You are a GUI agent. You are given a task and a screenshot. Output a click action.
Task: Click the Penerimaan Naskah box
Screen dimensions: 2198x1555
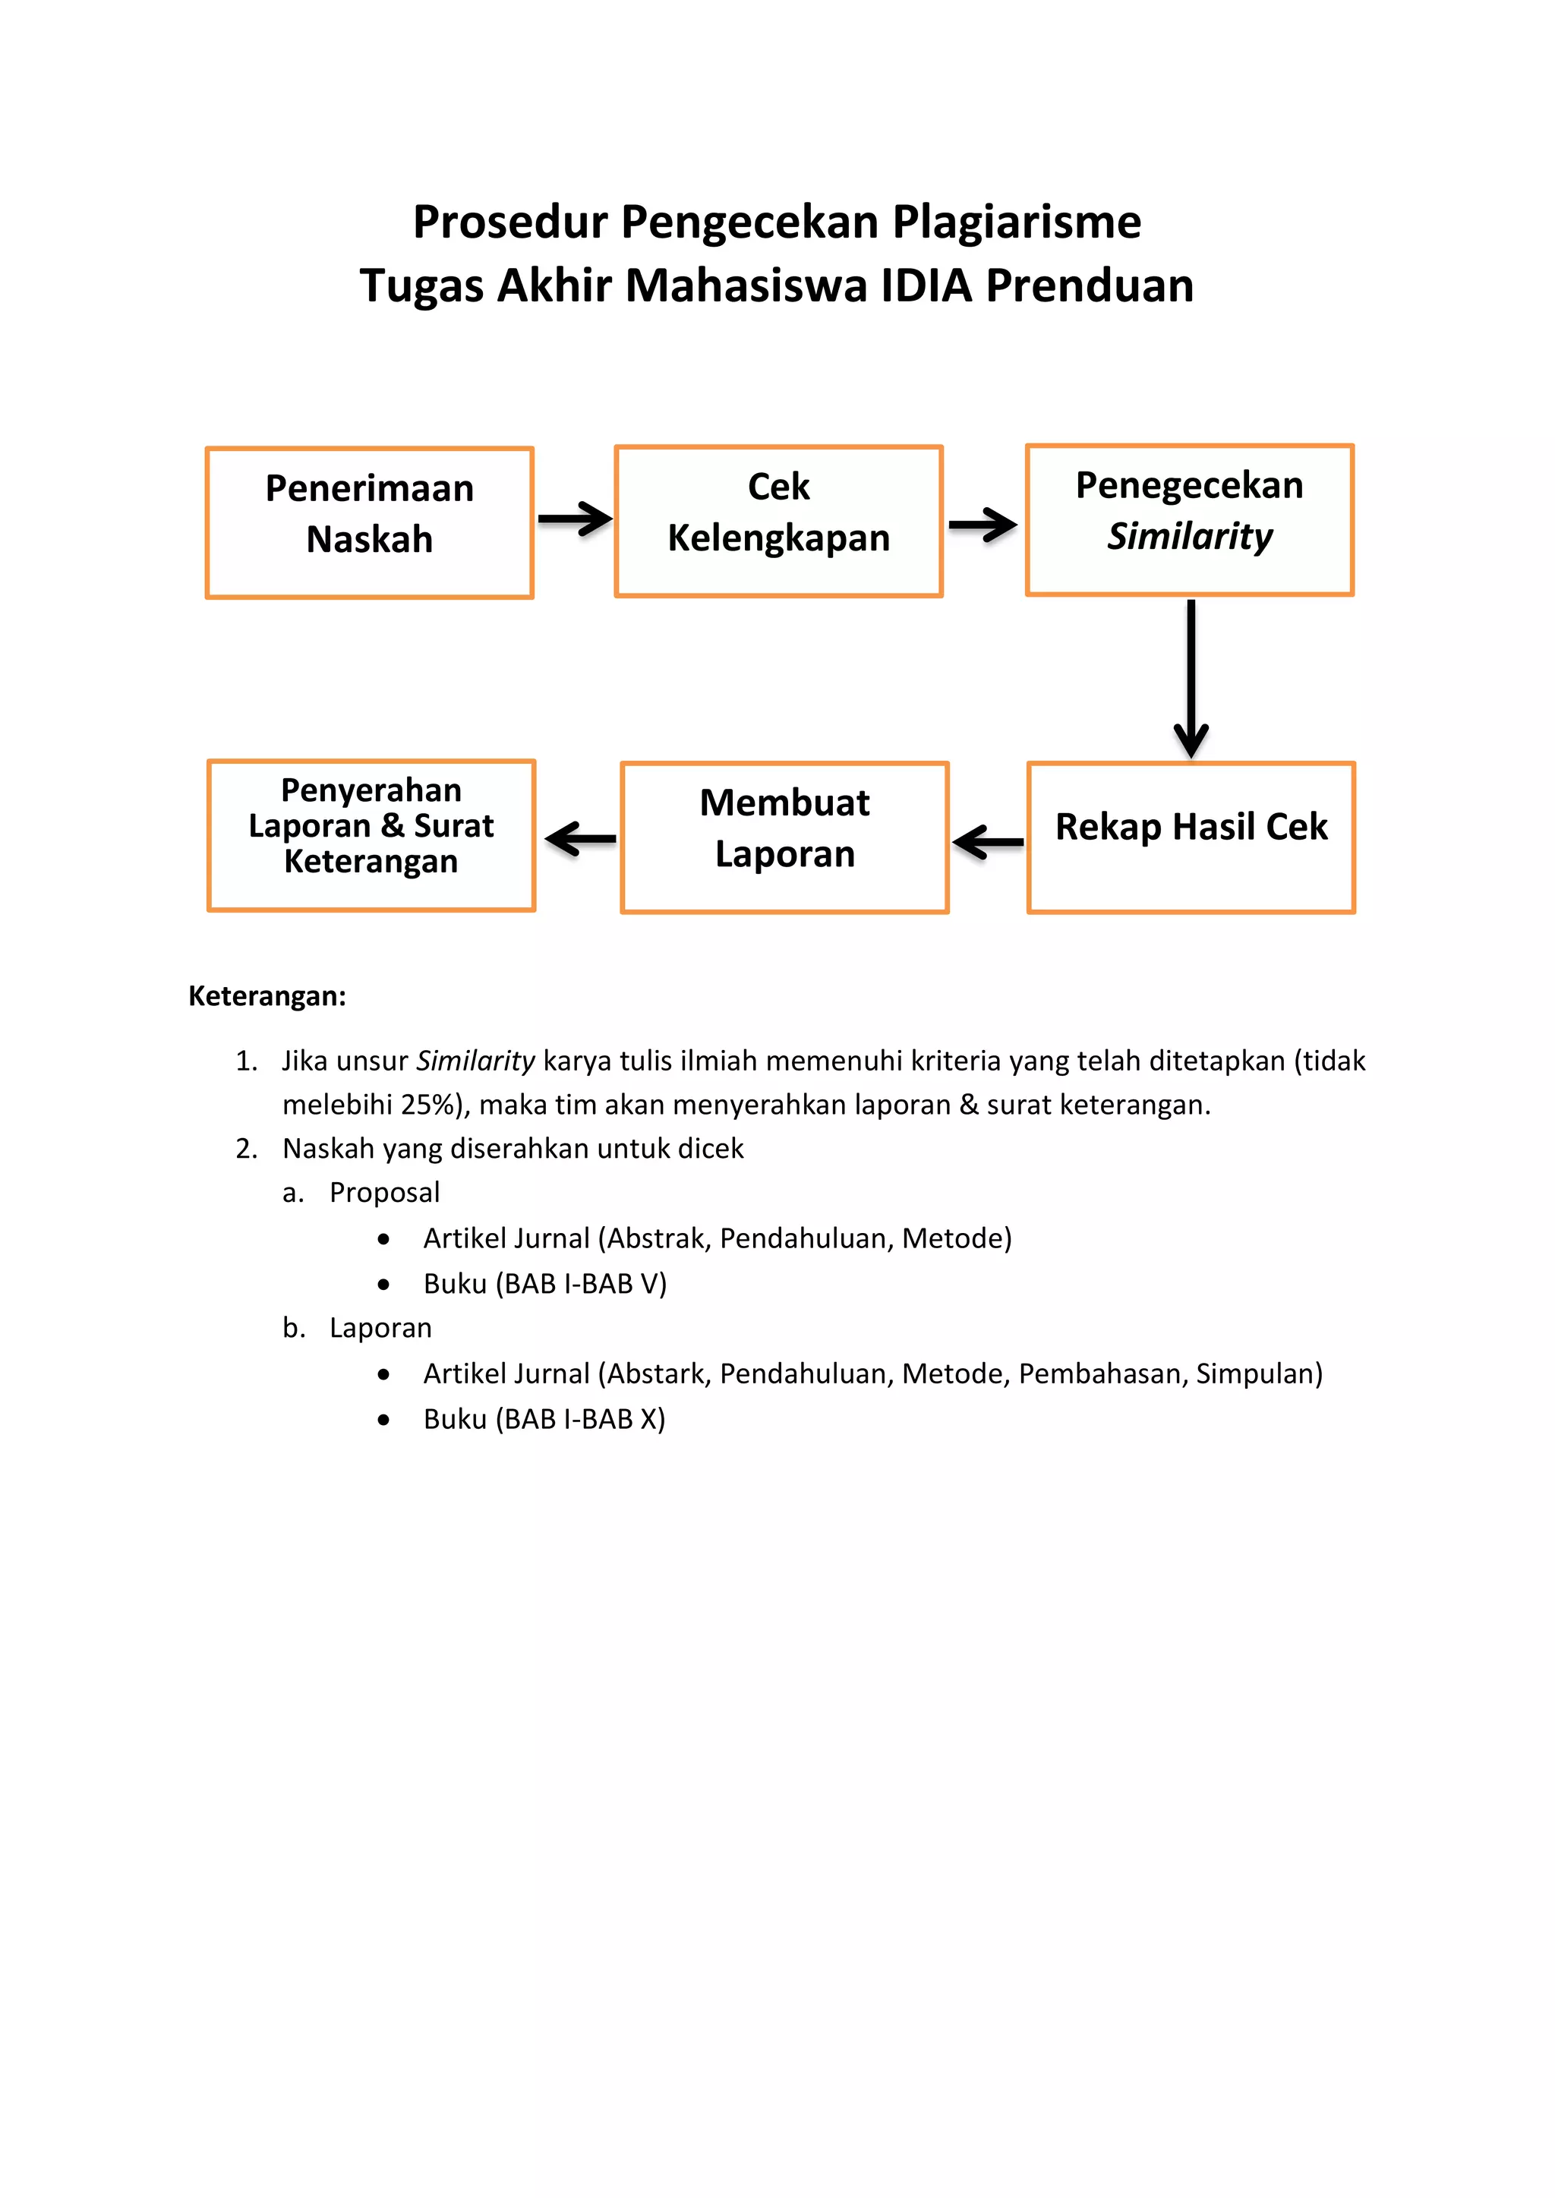coord(369,522)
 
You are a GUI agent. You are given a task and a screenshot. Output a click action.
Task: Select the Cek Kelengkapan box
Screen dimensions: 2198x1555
coord(778,521)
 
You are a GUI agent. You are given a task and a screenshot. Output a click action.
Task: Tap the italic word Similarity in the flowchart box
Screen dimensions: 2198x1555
coord(1189,537)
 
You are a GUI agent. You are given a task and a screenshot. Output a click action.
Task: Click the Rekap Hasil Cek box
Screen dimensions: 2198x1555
coord(1191,837)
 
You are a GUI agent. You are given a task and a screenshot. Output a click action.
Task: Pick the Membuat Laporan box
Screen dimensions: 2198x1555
coord(784,837)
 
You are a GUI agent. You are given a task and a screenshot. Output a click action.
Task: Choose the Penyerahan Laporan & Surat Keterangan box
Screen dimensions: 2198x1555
coord(371,834)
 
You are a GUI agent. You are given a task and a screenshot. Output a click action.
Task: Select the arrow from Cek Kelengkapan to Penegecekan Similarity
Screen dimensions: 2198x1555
coord(983,525)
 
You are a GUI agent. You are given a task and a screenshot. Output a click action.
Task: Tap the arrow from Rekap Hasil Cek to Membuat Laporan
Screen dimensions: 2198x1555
coord(988,843)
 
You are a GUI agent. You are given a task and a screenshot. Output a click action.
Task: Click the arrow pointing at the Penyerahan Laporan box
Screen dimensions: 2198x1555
coord(580,839)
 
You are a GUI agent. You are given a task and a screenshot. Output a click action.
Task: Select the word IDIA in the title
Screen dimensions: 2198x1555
coord(925,286)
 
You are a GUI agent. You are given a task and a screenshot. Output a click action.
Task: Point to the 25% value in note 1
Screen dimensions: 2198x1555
coord(426,1105)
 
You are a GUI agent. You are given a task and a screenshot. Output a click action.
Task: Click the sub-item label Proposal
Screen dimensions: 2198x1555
coord(384,1192)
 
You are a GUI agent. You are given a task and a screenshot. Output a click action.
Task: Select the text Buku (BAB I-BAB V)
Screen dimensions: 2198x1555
coord(545,1283)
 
